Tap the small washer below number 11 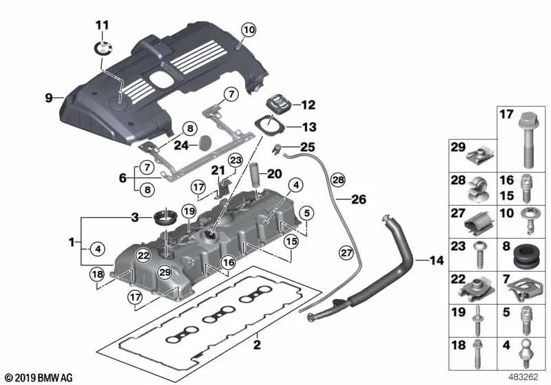pyautogui.click(x=103, y=47)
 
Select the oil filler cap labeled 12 pyautogui.click(x=278, y=104)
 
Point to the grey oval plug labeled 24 pyautogui.click(x=205, y=144)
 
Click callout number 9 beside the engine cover pyautogui.click(x=49, y=98)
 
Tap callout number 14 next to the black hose pyautogui.click(x=437, y=261)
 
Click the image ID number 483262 pyautogui.click(x=524, y=377)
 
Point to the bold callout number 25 pyautogui.click(x=307, y=146)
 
